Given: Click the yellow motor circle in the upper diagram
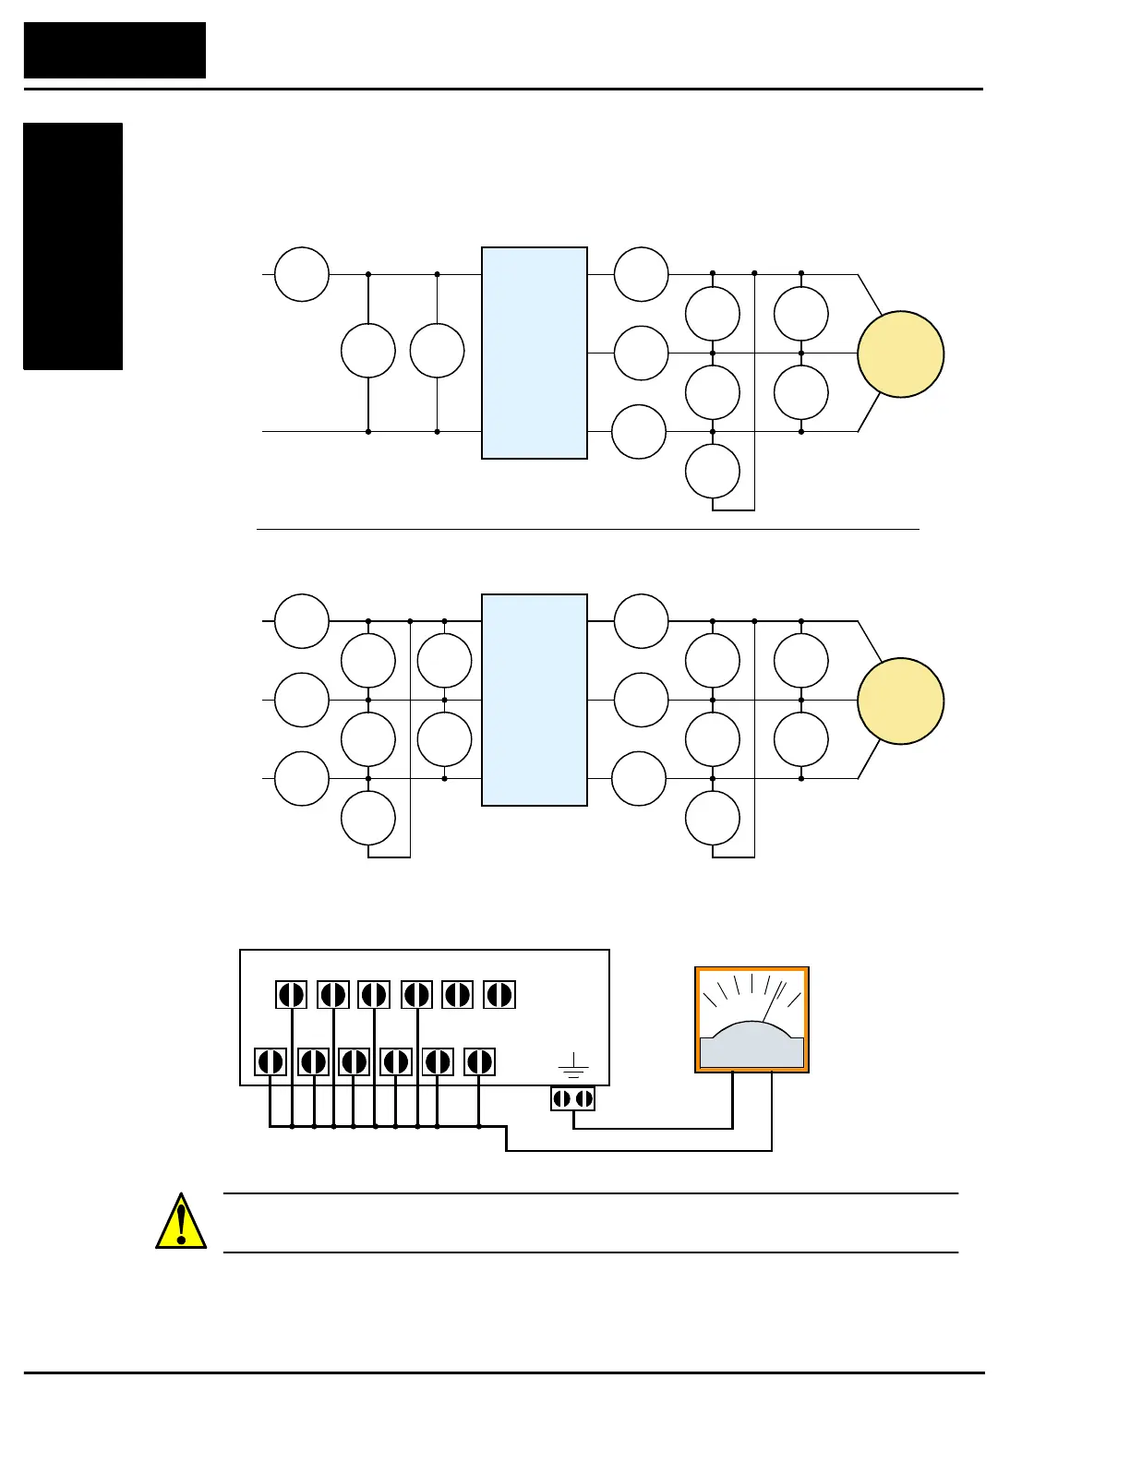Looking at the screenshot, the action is (900, 354).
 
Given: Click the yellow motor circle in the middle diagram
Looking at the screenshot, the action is (900, 701).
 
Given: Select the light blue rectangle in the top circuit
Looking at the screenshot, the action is (535, 353).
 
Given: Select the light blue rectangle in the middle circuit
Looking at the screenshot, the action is (535, 700).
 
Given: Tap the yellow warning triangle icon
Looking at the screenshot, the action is (181, 1222).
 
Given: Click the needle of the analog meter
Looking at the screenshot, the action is (773, 1002).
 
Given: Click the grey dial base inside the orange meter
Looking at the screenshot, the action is (751, 1048).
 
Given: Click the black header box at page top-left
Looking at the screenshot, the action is (114, 50).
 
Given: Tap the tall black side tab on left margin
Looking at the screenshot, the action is (73, 246).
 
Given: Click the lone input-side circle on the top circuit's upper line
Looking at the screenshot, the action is (302, 274).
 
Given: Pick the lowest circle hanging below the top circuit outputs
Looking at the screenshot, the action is (713, 471).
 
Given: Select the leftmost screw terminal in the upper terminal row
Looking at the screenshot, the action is (291, 995).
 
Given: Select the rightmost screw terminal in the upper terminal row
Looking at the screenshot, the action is (499, 995).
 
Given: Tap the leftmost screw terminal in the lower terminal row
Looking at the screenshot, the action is (270, 1061).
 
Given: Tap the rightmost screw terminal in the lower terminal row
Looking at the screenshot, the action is (479, 1061).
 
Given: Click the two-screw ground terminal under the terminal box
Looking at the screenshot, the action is (572, 1098).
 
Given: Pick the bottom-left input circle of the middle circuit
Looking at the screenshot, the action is (302, 779).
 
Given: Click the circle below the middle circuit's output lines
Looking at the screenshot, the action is (713, 818).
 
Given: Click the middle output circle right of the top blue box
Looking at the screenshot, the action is (641, 353).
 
